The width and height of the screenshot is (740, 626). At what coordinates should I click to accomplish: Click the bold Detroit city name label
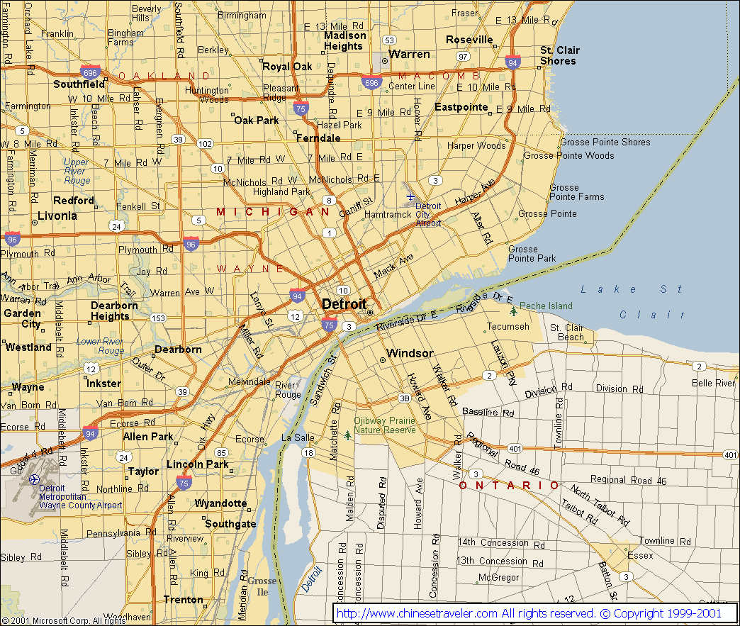[344, 303]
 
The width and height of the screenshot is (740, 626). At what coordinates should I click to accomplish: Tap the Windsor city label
[410, 353]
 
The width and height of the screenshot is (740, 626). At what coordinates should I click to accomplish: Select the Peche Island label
[545, 306]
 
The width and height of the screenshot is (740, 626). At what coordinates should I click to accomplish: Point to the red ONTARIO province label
[508, 486]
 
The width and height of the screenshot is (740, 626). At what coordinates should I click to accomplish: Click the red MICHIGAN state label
[273, 212]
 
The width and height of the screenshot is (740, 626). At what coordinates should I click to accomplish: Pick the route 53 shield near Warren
[388, 40]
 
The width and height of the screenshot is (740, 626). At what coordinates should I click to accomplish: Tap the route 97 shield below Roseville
[463, 56]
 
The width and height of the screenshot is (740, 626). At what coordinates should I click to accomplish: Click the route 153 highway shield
[158, 318]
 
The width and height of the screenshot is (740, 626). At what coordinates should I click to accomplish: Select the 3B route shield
[405, 398]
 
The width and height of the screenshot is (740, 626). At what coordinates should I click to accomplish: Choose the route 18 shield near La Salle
[308, 452]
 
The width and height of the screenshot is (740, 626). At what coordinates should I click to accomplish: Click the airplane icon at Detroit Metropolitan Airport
[33, 480]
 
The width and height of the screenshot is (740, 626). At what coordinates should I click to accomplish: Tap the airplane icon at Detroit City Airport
[410, 196]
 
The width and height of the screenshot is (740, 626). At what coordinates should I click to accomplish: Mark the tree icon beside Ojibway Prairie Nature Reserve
[347, 435]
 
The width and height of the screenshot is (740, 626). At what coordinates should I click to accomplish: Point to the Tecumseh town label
[507, 327]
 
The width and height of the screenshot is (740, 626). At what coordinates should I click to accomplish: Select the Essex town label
[640, 556]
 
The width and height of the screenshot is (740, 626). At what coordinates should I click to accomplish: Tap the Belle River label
[714, 383]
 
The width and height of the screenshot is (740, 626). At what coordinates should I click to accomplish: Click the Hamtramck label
[388, 214]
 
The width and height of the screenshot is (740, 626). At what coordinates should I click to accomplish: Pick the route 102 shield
[205, 143]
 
